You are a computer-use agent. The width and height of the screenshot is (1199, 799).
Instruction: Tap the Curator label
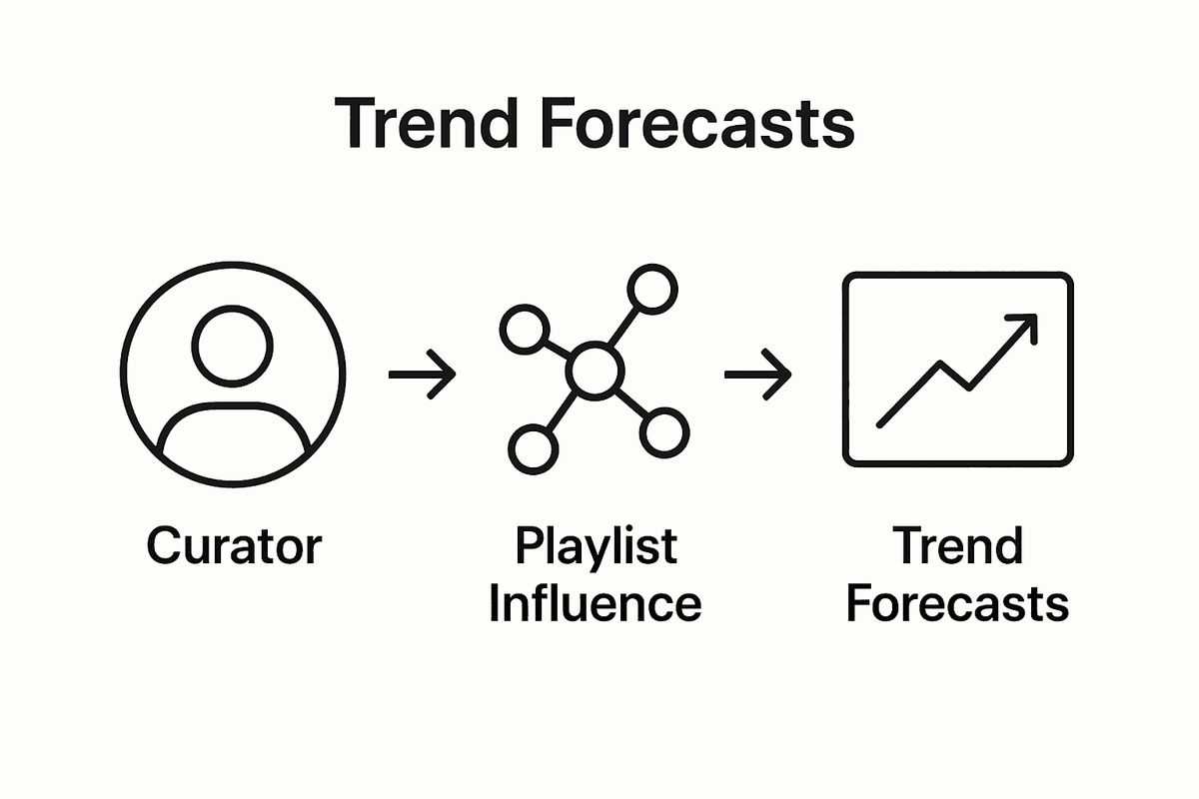[234, 546]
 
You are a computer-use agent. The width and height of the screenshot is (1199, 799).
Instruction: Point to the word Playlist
[597, 546]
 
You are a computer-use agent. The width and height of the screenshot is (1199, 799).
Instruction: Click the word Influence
[596, 604]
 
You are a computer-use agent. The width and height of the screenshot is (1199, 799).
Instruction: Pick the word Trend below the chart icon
[957, 546]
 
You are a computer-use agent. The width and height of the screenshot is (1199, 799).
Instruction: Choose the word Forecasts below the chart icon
[957, 604]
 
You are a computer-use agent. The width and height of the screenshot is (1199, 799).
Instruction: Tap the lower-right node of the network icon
[664, 431]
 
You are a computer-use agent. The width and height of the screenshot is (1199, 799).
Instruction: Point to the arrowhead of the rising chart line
[1026, 325]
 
